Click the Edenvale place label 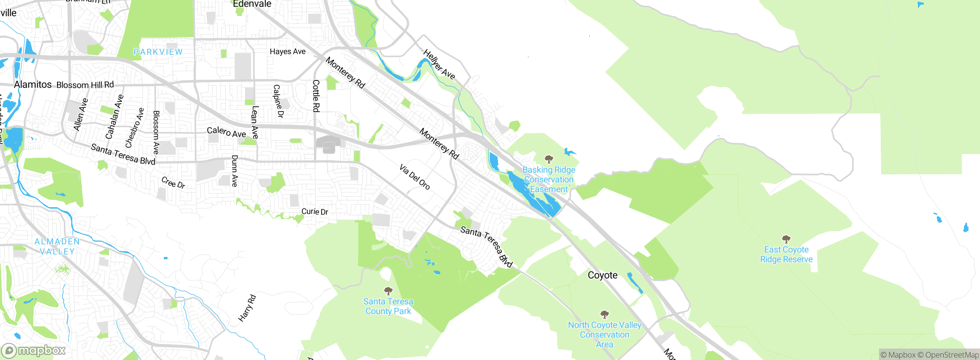[x=252, y=4]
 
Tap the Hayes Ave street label [x=287, y=51]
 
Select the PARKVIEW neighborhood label [x=158, y=52]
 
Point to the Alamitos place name [x=33, y=84]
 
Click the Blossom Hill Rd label [x=85, y=85]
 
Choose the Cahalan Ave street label [x=114, y=116]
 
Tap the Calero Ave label [x=226, y=132]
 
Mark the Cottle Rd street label [x=316, y=96]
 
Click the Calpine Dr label [x=278, y=101]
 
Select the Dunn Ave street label [x=235, y=171]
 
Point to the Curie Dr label [x=315, y=211]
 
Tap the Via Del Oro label [x=415, y=177]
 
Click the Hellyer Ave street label [x=439, y=64]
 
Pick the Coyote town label [x=603, y=275]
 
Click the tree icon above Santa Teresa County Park [x=388, y=291]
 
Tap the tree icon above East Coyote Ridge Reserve [x=786, y=239]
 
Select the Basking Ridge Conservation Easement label [x=549, y=179]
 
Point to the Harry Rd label [x=247, y=308]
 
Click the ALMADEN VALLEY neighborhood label [x=57, y=246]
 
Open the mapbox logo [x=34, y=350]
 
